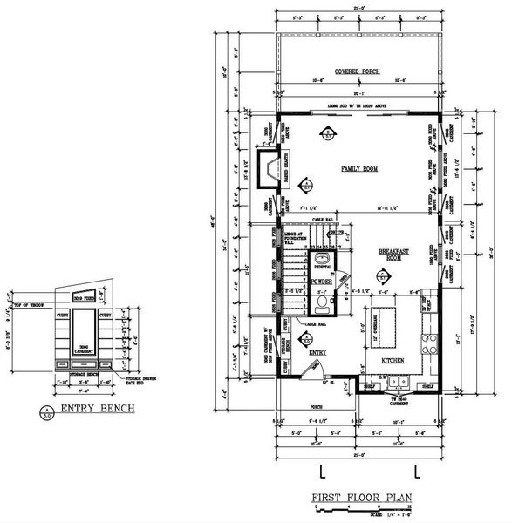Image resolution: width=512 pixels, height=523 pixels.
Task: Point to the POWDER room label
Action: pyautogui.click(x=320, y=282)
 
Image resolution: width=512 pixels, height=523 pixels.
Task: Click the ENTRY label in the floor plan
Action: pyautogui.click(x=317, y=352)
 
